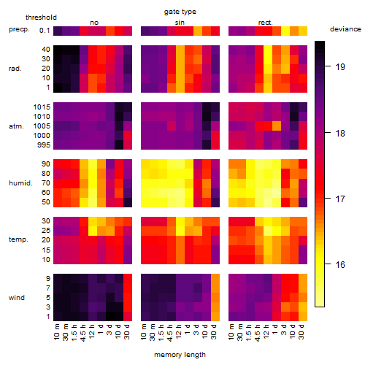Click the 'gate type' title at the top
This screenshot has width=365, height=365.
180,12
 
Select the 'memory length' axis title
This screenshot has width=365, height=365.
180,355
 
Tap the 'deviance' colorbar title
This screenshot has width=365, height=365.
345,29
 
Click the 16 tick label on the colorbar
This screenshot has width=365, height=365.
340,264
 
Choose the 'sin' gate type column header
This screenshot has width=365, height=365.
180,23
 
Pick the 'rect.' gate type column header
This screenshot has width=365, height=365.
265,23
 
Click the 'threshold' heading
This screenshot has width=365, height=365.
41,18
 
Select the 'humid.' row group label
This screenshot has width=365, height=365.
20,183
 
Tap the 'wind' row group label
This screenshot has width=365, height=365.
17,298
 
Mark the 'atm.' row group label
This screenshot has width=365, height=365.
16,126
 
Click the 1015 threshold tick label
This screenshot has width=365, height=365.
42,107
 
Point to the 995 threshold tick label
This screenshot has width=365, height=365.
44,145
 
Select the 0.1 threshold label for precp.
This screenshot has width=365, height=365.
45,31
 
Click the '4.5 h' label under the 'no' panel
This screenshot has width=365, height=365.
83,333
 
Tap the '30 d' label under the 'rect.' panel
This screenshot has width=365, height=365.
301,331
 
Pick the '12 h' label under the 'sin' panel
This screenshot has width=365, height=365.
180,331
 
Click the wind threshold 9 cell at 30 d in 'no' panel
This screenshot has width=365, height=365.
128,279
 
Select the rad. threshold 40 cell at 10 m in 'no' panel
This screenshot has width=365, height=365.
58,50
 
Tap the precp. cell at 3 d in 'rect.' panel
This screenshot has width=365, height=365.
285,31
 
